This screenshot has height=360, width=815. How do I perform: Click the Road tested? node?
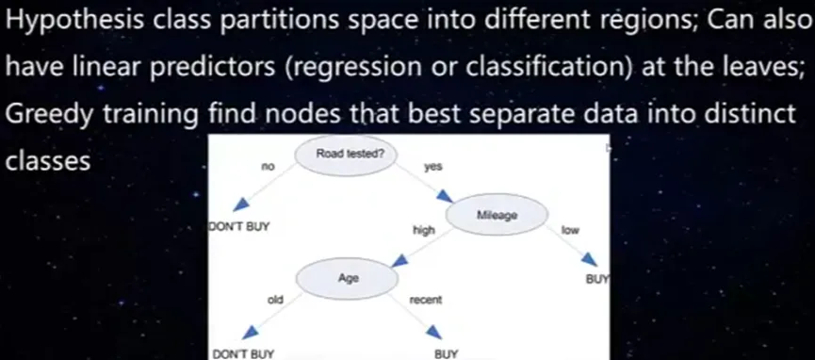[x=347, y=155]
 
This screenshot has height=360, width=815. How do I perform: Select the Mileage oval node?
[x=497, y=214]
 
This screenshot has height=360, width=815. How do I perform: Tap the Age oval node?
[x=348, y=278]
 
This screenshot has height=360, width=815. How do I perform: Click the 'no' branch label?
[x=268, y=167]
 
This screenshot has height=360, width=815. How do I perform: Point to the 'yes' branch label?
[x=432, y=167]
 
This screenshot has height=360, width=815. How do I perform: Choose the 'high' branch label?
[x=424, y=230]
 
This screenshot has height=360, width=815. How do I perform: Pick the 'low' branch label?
[x=570, y=230]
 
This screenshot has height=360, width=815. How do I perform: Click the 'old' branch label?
[x=274, y=299]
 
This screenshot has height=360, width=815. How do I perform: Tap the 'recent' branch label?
[x=425, y=301]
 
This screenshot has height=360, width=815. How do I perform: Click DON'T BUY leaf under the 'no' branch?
[x=239, y=227]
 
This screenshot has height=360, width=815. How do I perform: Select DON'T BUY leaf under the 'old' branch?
[x=242, y=354]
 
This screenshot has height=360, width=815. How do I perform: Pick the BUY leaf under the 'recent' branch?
[x=447, y=354]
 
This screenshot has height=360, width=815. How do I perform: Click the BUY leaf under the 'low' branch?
[x=597, y=279]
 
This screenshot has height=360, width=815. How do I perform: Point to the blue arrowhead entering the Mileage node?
[x=445, y=196]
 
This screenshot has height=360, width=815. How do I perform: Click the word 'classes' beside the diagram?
[x=48, y=161]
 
